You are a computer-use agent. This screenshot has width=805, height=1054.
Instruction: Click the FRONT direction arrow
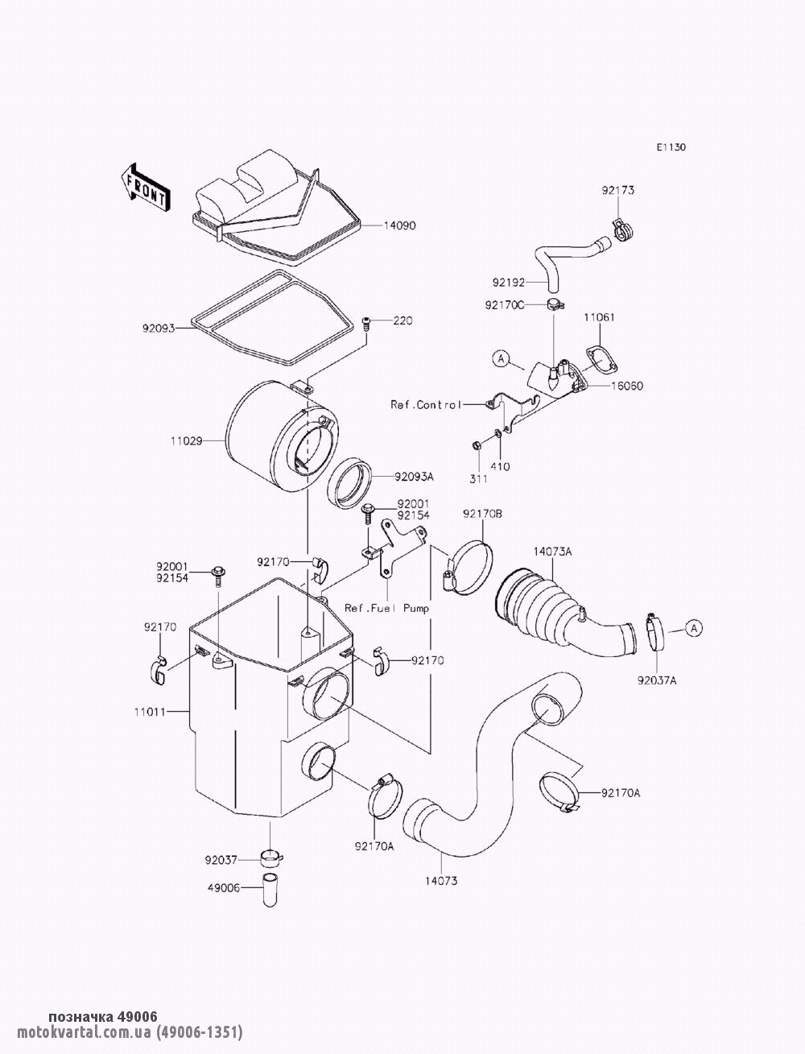click(x=144, y=188)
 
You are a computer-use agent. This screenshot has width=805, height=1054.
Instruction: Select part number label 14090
click(x=400, y=225)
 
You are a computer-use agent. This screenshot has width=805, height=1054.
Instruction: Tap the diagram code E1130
click(x=671, y=147)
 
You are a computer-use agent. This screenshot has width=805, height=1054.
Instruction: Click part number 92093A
click(x=415, y=477)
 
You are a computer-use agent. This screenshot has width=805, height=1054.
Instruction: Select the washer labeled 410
click(x=498, y=434)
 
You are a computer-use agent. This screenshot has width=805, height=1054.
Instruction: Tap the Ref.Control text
click(x=425, y=404)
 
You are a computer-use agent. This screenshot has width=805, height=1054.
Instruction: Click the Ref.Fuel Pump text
click(x=387, y=609)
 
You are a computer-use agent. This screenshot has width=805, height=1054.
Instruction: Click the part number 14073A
click(x=552, y=552)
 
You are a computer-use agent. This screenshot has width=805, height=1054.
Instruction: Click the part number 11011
click(x=151, y=712)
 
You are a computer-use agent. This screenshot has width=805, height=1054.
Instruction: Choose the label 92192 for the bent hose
click(x=509, y=283)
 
